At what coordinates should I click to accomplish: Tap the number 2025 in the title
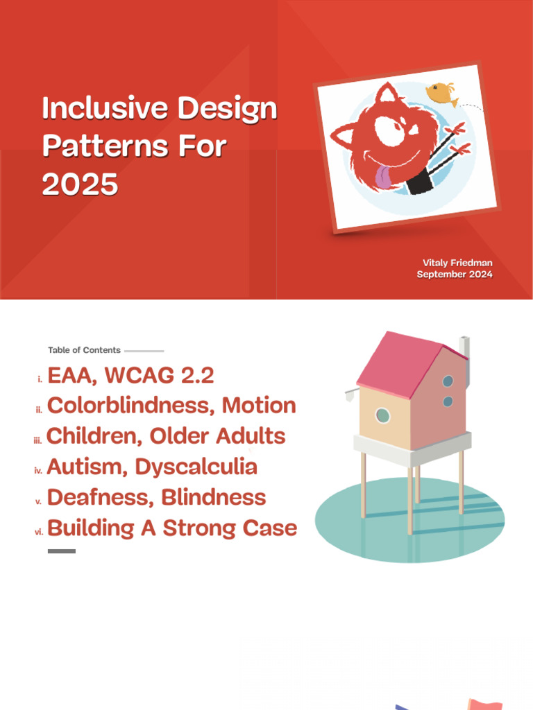[x=80, y=184]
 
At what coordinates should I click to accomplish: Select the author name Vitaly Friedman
[x=457, y=263]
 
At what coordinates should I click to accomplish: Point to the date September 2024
[x=455, y=275]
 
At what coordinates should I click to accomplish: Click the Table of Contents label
[x=84, y=350]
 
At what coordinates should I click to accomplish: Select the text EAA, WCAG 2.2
[x=130, y=376]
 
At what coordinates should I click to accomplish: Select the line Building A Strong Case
[x=171, y=528]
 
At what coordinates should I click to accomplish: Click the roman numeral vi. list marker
[x=39, y=532]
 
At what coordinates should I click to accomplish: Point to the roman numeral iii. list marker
[x=38, y=440]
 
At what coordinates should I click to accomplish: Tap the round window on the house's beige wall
[x=382, y=415]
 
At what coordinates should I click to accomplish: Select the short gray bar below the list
[x=61, y=551]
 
